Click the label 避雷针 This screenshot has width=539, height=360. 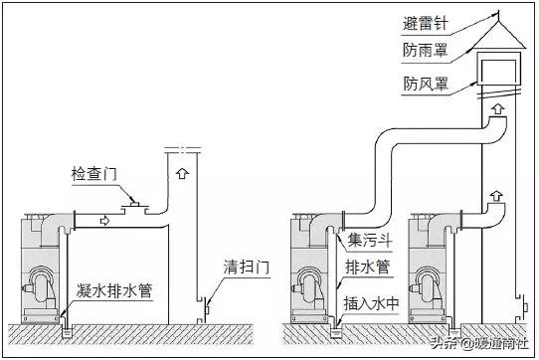click(x=427, y=25)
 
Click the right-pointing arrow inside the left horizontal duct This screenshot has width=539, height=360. click(x=103, y=218)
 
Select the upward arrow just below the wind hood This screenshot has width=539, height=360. click(x=497, y=104)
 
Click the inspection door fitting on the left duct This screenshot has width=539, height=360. click(x=131, y=207)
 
